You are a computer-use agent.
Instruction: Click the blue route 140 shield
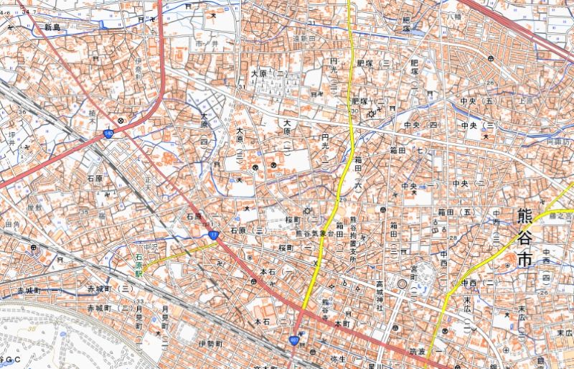pos(108,134)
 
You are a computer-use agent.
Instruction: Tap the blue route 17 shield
pos(214,235)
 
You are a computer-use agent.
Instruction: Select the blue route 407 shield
pos(295,340)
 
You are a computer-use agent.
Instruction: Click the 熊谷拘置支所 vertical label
pos(353,241)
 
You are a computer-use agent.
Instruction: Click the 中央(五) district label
pos(479,101)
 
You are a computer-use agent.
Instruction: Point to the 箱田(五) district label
pos(456,212)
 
